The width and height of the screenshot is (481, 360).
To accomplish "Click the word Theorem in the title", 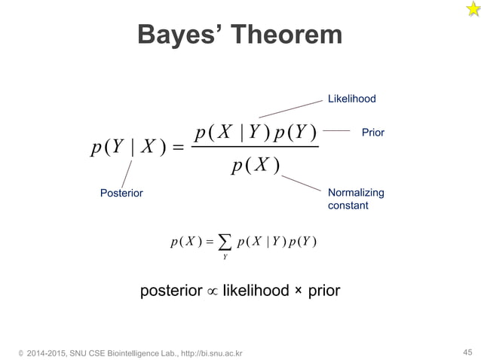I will (285, 35).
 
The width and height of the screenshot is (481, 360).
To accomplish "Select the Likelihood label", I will (351, 99).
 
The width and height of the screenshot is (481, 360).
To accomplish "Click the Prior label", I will (373, 133).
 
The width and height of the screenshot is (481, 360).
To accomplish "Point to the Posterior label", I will (121, 193).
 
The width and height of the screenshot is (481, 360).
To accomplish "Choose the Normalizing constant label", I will (356, 199).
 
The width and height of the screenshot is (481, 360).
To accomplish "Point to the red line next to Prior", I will (337, 131).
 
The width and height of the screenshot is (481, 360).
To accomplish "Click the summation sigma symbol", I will (223, 242).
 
